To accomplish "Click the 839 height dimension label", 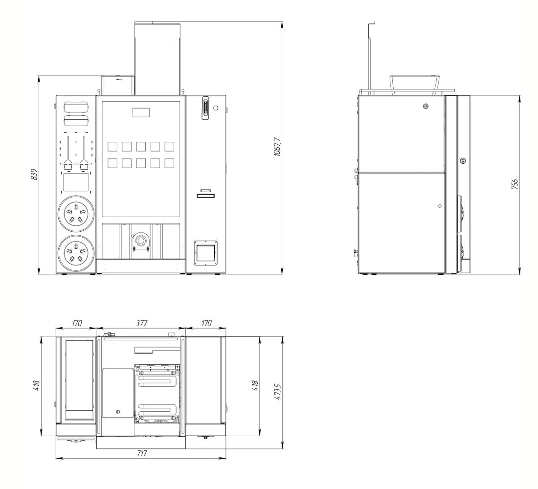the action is click(x=34, y=175).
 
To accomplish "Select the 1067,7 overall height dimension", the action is click(x=277, y=147).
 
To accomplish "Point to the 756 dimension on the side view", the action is click(x=515, y=184).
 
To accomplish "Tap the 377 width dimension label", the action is click(x=141, y=323).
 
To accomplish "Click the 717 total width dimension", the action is click(x=141, y=453).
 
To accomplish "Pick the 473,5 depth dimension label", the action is click(x=278, y=391).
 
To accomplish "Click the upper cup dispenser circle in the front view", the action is click(x=76, y=214).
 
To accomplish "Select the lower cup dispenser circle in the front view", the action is click(x=76, y=253).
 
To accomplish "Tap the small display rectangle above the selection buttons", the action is click(x=141, y=112).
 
